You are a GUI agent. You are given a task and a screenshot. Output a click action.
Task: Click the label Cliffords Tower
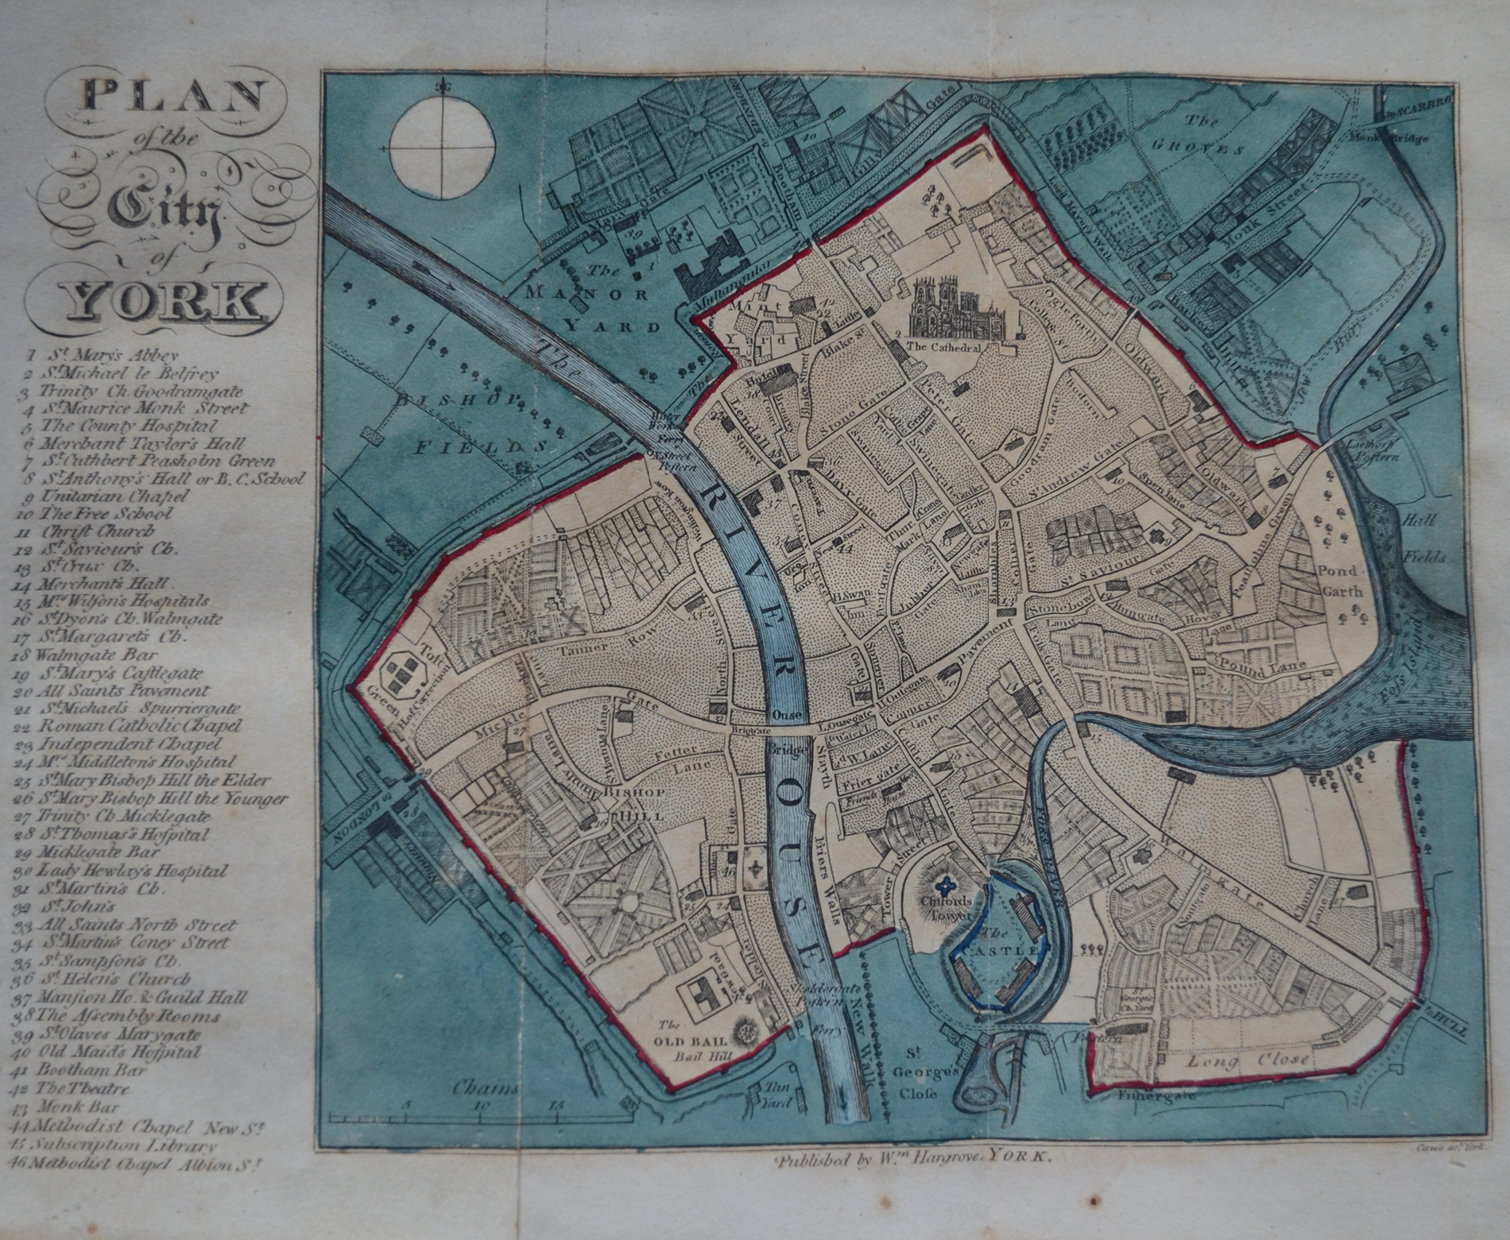945,908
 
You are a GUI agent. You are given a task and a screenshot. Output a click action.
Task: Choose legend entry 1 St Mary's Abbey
99,356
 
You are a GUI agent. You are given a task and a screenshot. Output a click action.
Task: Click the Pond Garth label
1340,581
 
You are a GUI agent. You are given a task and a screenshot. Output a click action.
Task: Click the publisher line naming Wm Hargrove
913,1158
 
